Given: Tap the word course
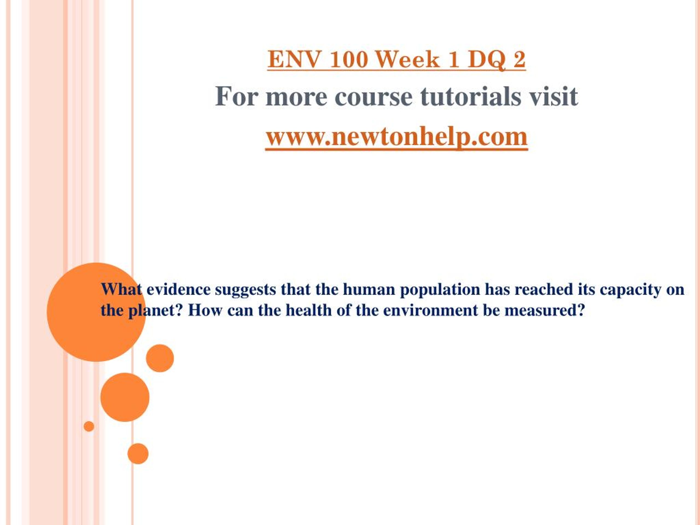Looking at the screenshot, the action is click(x=374, y=98).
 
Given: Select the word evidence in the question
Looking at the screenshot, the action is click(x=179, y=289).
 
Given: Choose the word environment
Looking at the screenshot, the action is click(x=430, y=310).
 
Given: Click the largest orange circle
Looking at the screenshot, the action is click(x=97, y=312).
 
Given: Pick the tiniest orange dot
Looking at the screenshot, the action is click(x=89, y=426).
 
